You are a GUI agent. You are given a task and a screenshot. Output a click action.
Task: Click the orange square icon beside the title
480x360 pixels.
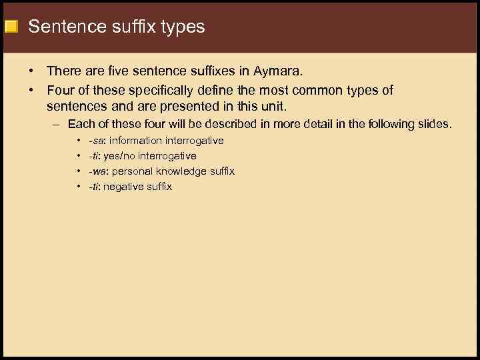[11, 27]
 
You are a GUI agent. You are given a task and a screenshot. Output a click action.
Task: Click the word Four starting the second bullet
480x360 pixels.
[61, 90]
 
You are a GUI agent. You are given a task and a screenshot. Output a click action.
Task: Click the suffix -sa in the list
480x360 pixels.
[97, 141]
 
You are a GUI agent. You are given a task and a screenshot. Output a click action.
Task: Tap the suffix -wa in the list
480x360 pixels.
[97, 171]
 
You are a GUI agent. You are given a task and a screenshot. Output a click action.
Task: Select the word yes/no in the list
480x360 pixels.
[119, 156]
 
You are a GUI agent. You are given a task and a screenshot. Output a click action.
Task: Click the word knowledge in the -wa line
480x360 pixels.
[180, 171]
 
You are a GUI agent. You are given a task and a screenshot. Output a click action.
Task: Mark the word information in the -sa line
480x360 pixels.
[136, 141]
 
